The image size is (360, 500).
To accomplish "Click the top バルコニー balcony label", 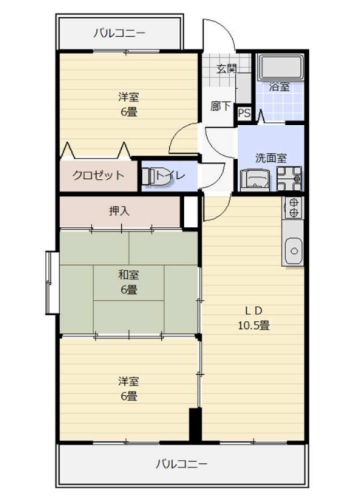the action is coord(119,33).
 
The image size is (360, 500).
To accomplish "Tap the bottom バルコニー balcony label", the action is coord(182,464).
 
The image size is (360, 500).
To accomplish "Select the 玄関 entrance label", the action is coord(227,69).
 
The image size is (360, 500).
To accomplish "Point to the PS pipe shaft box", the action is coord(244,113).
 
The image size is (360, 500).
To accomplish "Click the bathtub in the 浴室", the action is coord(281,67).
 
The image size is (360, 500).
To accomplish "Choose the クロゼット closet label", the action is coord(98,175).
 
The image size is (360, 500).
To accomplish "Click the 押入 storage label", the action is coord(119,211).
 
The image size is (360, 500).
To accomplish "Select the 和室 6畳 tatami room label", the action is coord(129,282).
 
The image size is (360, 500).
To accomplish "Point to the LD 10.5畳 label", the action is coord(254,318).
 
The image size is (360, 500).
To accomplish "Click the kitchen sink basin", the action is coord(294,251).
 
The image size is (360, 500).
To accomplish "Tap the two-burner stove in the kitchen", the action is coord(293,207).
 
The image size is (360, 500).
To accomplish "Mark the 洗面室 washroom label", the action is coord(271,158).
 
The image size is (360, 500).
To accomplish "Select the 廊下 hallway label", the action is coord(220,106).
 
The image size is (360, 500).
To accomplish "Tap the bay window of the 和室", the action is coord(52,283).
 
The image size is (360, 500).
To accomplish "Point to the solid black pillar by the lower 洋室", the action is coord(195,424).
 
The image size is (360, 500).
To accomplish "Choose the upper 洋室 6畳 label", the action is coord(129,105).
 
